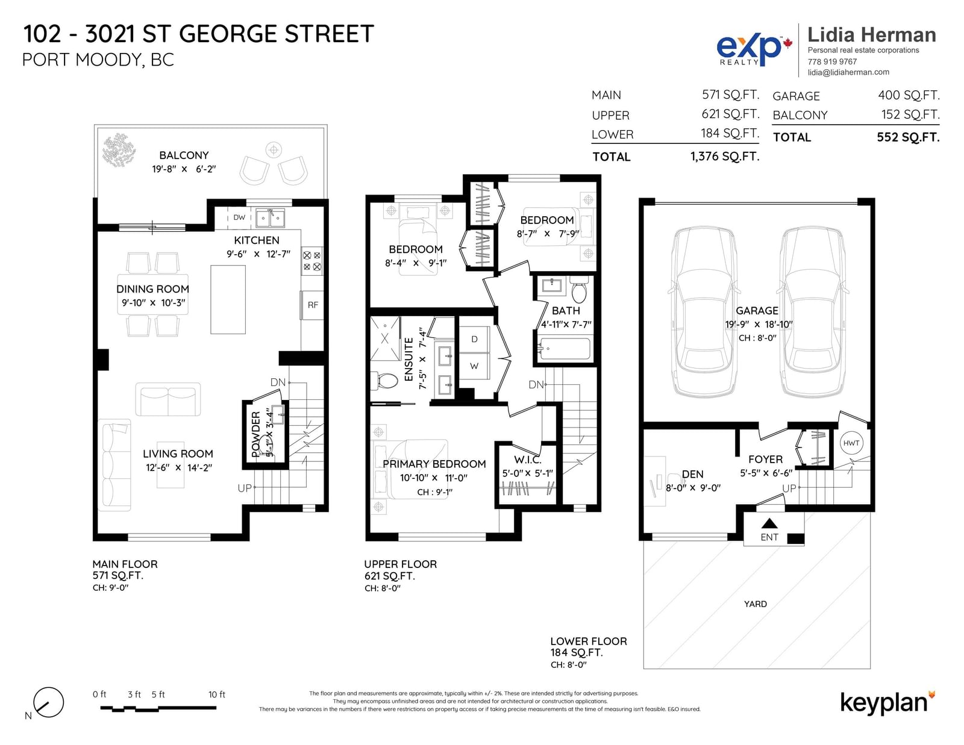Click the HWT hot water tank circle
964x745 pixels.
point(851,443)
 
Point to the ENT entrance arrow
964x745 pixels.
point(769,524)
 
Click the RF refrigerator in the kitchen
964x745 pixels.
point(312,305)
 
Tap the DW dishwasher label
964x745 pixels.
point(239,217)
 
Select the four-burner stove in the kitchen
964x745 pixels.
point(312,261)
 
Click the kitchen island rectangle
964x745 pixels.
point(228,299)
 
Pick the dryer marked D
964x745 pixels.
point(474,339)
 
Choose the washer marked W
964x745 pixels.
point(474,366)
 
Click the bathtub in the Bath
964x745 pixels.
point(564,349)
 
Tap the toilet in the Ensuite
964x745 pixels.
point(384,381)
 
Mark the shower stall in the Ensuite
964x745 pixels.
point(384,339)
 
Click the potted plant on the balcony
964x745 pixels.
point(119,151)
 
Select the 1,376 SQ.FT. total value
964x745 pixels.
point(724,157)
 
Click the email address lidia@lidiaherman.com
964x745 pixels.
point(848,72)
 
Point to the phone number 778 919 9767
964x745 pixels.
point(832,61)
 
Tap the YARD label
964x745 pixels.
point(755,604)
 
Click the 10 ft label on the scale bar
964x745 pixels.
point(216,694)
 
